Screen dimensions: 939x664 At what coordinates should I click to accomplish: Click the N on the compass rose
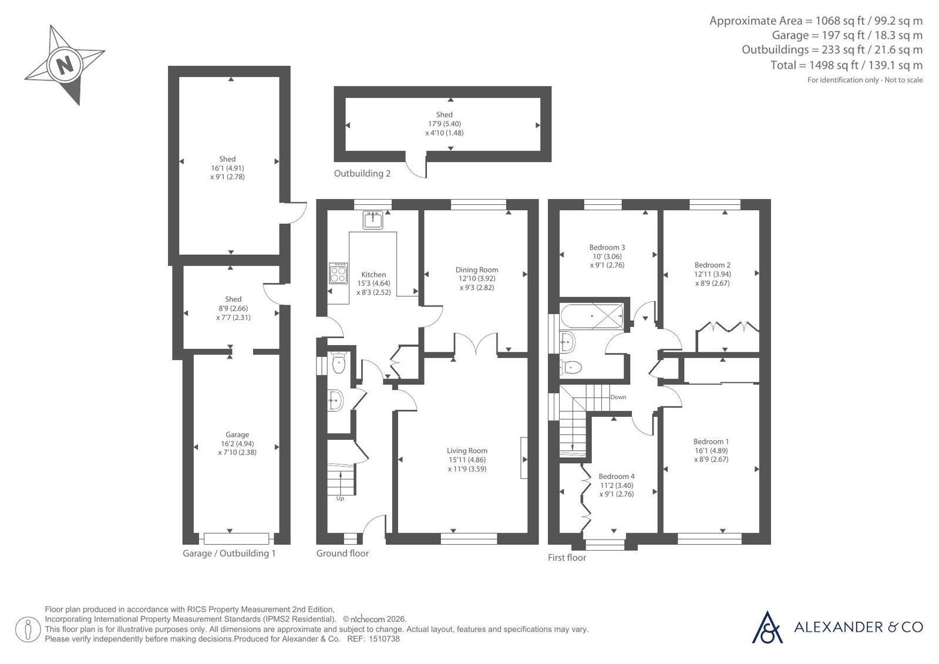pyautogui.click(x=65, y=65)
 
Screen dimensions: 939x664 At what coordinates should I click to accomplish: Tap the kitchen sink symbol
pyautogui.click(x=373, y=220)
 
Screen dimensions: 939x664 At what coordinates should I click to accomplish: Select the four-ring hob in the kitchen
pyautogui.click(x=338, y=274)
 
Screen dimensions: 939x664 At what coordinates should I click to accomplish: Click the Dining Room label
pyautogui.click(x=477, y=269)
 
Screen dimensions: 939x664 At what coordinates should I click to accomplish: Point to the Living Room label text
pyautogui.click(x=467, y=451)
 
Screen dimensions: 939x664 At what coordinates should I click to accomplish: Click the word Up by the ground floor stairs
pyautogui.click(x=340, y=498)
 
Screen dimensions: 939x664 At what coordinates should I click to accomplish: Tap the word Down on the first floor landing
pyautogui.click(x=618, y=397)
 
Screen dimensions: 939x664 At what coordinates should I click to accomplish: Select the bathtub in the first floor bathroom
pyautogui.click(x=592, y=316)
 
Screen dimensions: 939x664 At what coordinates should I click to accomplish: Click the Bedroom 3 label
pyautogui.click(x=607, y=247)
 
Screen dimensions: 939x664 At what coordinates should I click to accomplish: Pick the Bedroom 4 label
pyautogui.click(x=616, y=476)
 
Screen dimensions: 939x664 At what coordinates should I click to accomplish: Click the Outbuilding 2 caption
pyautogui.click(x=362, y=173)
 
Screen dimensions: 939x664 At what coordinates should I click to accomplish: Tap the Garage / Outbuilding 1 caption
pyautogui.click(x=229, y=553)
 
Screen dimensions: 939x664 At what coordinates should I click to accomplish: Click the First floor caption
pyautogui.click(x=567, y=558)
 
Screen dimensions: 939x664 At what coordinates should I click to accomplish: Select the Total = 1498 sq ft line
pyautogui.click(x=846, y=65)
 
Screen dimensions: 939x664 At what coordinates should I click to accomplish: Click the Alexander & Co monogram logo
pyautogui.click(x=767, y=628)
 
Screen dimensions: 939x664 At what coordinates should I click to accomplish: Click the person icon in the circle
pyautogui.click(x=28, y=629)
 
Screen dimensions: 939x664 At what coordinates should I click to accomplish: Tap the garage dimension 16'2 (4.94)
pyautogui.click(x=237, y=443)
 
